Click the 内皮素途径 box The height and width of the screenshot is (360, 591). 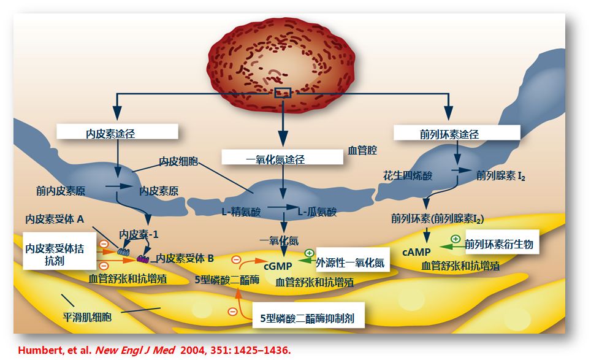point(117,132)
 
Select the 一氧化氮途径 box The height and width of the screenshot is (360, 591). point(283,158)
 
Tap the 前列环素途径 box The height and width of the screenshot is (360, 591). point(457,132)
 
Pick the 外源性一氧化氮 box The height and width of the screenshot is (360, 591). point(350,262)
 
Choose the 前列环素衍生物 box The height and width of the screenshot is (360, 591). point(498,244)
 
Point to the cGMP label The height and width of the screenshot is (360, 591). point(278,266)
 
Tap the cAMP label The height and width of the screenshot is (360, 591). point(416,251)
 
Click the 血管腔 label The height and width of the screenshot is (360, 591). point(362,150)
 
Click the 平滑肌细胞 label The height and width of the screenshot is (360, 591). point(88,318)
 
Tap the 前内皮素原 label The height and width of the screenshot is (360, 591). point(60,191)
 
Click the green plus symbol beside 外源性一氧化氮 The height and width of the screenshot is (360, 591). point(309,253)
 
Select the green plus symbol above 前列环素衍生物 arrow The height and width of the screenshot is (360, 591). point(456,238)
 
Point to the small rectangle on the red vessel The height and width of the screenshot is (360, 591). point(282,93)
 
